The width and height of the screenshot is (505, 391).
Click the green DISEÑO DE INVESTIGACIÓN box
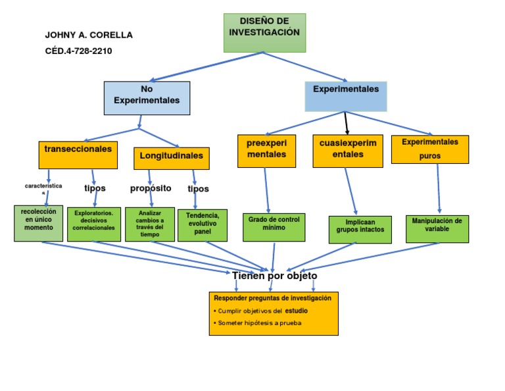[264, 32]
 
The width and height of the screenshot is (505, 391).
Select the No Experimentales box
[147, 97]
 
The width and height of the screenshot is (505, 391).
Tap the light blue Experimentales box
[346, 96]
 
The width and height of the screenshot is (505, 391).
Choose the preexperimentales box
[266, 151]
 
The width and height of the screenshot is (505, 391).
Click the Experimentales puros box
[430, 149]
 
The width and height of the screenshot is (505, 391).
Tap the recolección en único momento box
[39, 223]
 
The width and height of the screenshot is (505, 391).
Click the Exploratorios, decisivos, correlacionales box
[93, 224]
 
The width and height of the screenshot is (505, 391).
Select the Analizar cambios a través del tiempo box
[150, 224]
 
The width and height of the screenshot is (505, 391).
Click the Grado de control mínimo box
[274, 227]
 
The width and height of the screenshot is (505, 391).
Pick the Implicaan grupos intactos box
[360, 230]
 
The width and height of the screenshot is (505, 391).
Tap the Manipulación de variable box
[437, 229]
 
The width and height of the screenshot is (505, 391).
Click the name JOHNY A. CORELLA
[89, 35]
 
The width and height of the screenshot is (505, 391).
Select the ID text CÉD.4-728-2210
[78, 51]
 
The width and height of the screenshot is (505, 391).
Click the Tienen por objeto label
[274, 276]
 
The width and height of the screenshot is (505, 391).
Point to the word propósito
[151, 188]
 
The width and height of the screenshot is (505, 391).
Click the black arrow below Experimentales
[347, 123]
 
